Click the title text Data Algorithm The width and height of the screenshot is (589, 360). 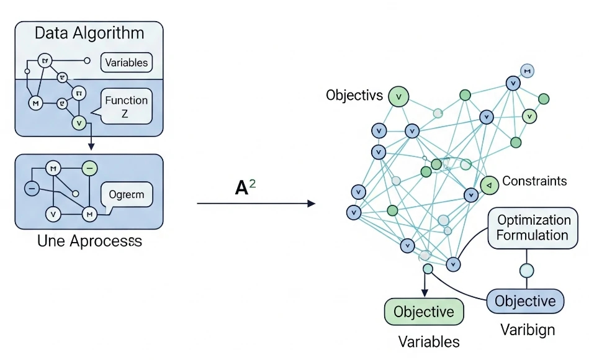point(89,33)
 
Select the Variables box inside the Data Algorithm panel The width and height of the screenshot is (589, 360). point(127,62)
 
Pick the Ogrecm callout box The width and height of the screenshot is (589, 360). point(126,195)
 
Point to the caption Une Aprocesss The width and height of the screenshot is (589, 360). point(89,241)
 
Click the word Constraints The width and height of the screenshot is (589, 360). point(534,181)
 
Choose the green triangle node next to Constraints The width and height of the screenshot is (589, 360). point(489,185)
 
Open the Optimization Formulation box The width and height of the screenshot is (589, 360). point(534,228)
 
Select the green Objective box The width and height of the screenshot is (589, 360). point(424,312)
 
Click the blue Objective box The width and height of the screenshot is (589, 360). point(525,302)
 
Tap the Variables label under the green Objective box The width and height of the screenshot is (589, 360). point(429,341)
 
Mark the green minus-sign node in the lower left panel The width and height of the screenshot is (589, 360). point(89,168)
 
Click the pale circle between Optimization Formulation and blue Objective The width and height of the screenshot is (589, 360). point(526,271)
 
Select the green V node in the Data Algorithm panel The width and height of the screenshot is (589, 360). point(79,122)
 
